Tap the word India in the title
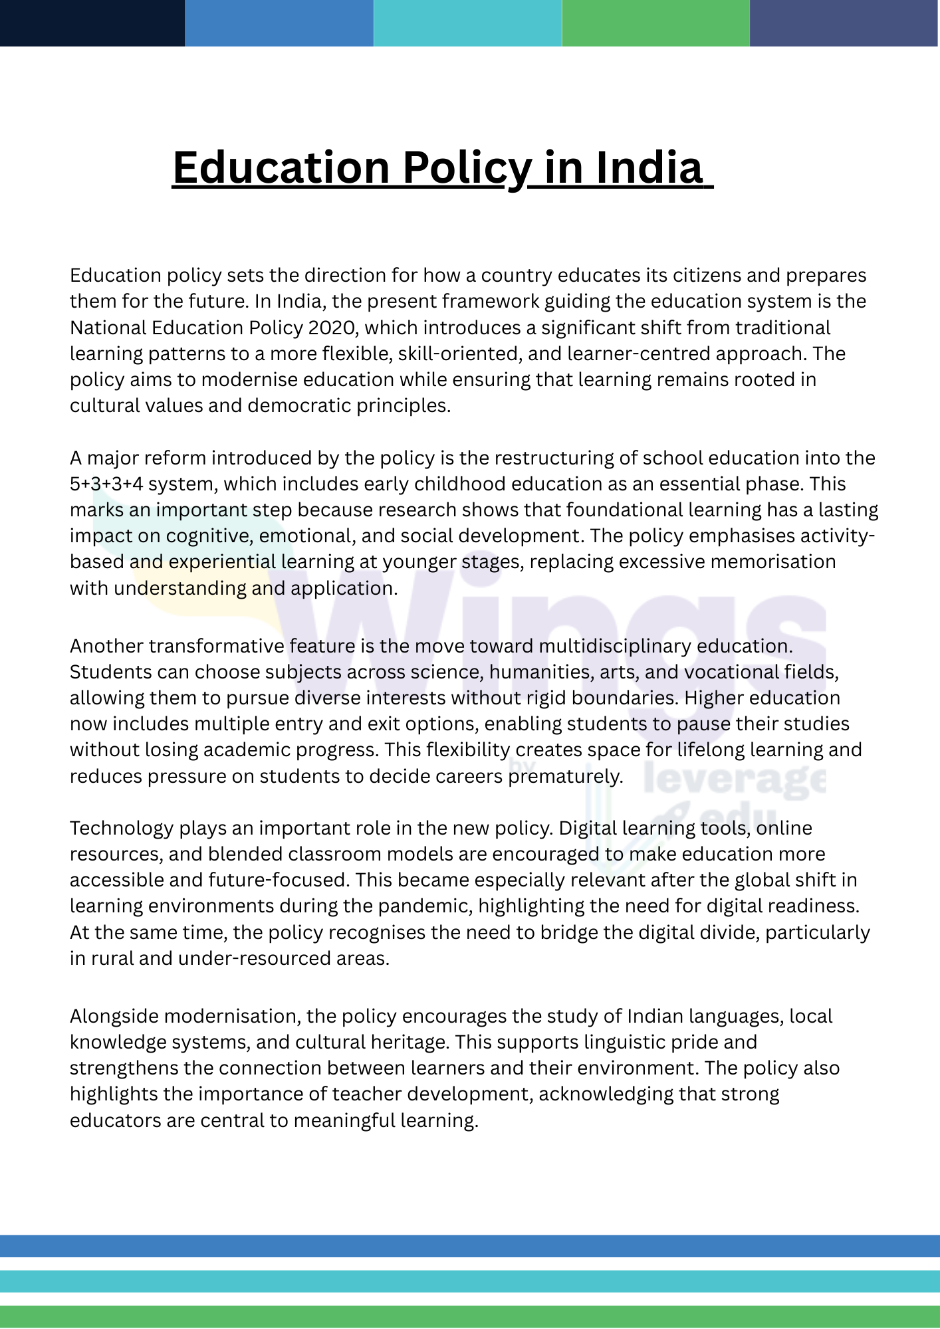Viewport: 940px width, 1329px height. pos(648,167)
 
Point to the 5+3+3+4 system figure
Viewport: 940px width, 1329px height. pos(106,484)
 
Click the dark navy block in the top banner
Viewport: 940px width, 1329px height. pos(92,23)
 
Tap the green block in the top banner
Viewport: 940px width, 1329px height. pos(655,23)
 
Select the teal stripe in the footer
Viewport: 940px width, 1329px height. pos(470,1280)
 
